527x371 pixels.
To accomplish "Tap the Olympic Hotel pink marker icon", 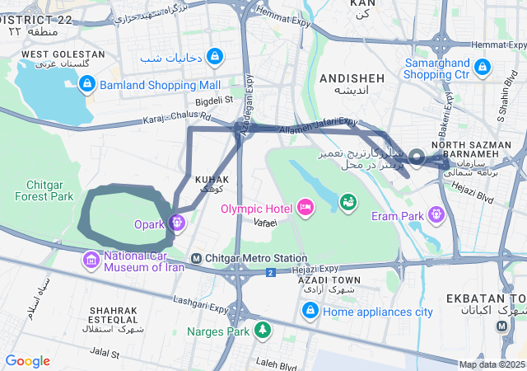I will [x=305, y=206].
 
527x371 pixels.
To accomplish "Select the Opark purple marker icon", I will [x=177, y=222].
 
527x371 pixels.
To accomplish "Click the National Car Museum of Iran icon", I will [x=91, y=261].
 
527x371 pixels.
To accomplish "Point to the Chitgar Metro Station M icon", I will [x=196, y=259].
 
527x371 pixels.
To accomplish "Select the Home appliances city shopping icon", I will [x=310, y=311].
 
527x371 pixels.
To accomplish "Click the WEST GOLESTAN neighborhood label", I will [x=63, y=54].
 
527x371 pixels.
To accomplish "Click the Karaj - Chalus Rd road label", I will [x=176, y=118].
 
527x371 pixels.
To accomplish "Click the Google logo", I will [x=28, y=360].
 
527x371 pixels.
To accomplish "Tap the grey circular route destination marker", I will [x=417, y=158].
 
